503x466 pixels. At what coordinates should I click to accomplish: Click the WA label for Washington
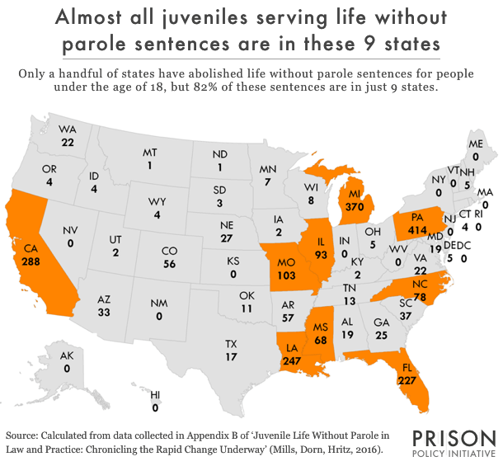[x=68, y=129]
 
